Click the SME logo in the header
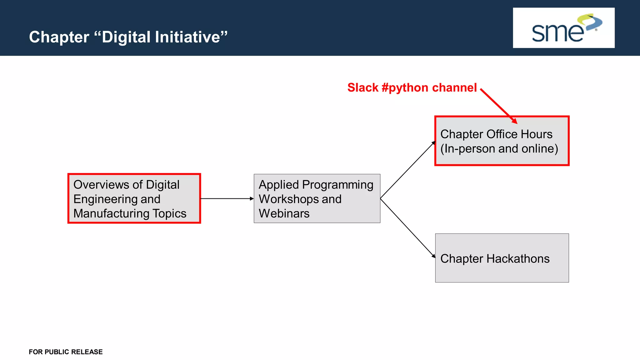click(563, 28)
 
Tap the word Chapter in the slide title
click(59, 37)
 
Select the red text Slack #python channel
click(412, 87)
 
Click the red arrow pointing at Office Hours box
click(499, 106)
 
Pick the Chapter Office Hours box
click(502, 141)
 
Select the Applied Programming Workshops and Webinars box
click(317, 198)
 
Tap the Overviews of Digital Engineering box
click(134, 198)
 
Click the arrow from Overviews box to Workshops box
click(227, 198)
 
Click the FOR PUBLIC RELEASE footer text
click(66, 352)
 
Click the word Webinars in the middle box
click(284, 213)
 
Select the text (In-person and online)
click(499, 149)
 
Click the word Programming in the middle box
click(337, 185)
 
